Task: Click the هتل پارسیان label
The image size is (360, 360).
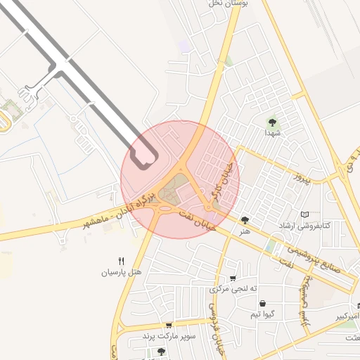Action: (122, 271)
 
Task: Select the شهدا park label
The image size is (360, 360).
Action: (272, 132)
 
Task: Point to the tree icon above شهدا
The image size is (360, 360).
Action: (272, 122)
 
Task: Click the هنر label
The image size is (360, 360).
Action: (244, 230)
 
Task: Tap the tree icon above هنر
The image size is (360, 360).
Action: (245, 219)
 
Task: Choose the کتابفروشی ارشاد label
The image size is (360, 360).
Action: (304, 226)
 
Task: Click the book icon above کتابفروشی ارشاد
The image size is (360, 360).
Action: (304, 214)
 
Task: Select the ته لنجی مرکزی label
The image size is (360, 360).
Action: (233, 289)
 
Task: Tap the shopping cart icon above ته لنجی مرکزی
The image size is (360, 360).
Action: (233, 278)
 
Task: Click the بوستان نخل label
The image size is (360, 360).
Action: (226, 4)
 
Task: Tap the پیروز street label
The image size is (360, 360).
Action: (302, 175)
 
